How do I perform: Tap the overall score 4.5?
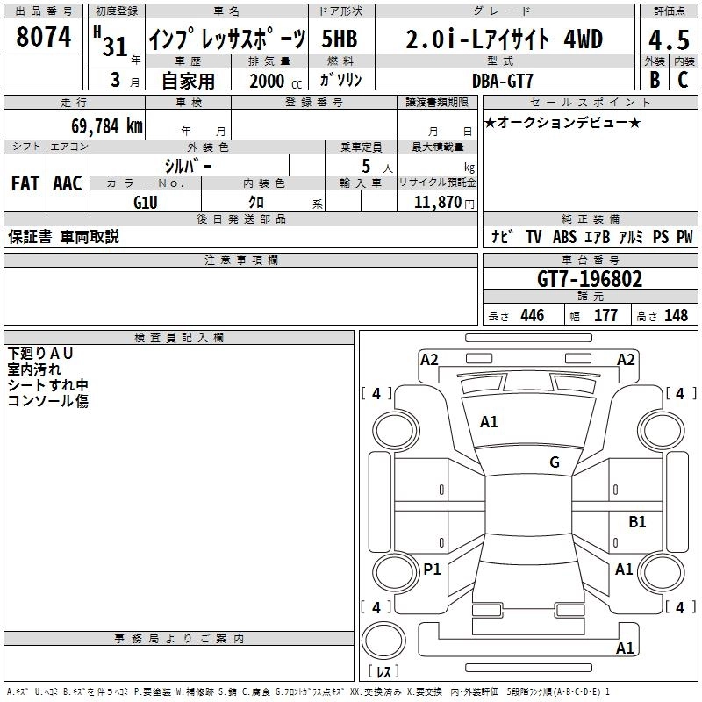(669, 40)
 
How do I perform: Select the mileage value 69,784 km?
(101, 125)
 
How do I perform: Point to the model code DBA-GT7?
(498, 80)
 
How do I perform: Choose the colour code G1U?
(145, 203)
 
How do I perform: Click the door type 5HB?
(340, 39)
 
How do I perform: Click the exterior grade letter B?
(655, 80)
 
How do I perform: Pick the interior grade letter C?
(682, 80)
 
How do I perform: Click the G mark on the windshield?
(555, 462)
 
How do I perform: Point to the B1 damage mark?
(637, 522)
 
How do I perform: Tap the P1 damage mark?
(432, 569)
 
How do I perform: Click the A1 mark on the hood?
(489, 422)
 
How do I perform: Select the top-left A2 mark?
(429, 359)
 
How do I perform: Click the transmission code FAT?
(25, 183)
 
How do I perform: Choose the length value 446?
(532, 316)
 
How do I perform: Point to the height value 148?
(677, 316)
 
